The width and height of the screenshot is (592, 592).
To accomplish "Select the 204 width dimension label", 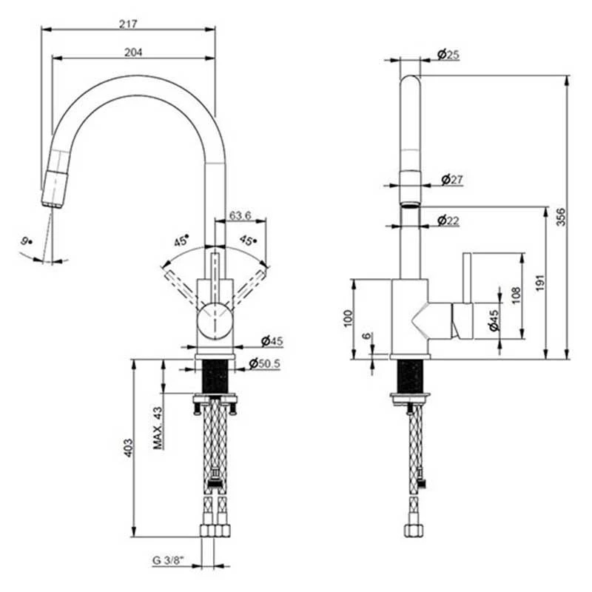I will [133, 52].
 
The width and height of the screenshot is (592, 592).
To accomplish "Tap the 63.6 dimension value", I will [240, 215].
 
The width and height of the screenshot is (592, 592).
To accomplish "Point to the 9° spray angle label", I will [27, 240].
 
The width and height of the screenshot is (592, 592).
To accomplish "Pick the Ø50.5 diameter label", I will [264, 363].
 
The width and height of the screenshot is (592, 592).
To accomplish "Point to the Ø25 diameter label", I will [448, 54].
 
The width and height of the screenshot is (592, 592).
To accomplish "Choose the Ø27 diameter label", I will [451, 179].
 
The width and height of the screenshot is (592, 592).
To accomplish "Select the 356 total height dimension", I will [562, 217].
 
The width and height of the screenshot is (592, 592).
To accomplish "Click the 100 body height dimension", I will [348, 319].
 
